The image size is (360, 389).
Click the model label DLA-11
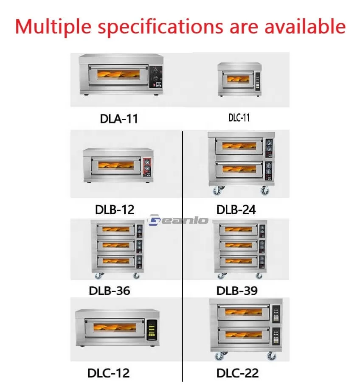coord(119,118)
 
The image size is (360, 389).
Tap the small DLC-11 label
coord(239,118)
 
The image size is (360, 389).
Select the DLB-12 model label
coord(115,210)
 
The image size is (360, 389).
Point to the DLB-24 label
coord(236,210)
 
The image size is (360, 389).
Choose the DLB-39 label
coord(237,291)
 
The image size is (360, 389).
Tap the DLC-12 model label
coord(108,373)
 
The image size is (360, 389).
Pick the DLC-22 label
coord(237,373)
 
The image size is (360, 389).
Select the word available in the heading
coord(305,26)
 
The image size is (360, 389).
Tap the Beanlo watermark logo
coord(178,220)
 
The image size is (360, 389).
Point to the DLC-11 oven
coord(239,79)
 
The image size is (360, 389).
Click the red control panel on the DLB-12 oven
coord(147,167)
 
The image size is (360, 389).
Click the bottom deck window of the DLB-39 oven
coord(238,260)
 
